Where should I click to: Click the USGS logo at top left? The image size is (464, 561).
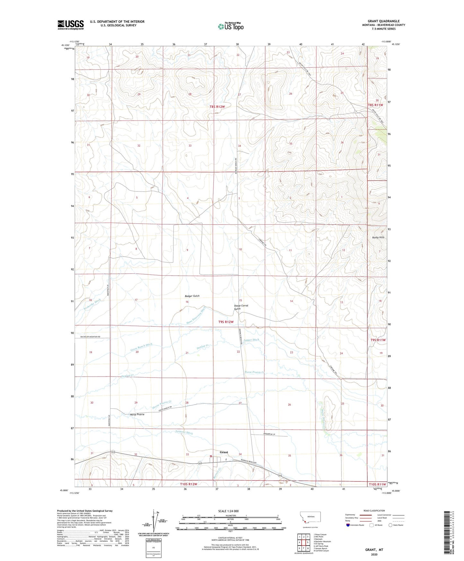(x=71, y=25)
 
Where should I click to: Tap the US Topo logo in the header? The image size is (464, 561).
(x=230, y=26)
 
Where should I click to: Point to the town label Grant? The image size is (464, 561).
(x=224, y=452)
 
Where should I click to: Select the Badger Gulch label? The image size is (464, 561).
(x=192, y=296)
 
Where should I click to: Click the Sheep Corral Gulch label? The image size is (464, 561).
(x=241, y=307)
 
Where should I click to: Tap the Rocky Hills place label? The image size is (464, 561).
(x=378, y=237)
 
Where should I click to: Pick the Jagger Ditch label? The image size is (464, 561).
(x=251, y=340)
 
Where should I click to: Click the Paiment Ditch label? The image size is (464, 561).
(x=185, y=432)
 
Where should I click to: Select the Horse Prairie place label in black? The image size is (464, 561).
(x=137, y=414)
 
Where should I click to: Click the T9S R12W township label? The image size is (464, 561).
(x=226, y=322)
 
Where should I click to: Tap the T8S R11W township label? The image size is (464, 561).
(x=375, y=105)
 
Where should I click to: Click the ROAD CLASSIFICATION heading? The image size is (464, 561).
(x=374, y=511)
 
